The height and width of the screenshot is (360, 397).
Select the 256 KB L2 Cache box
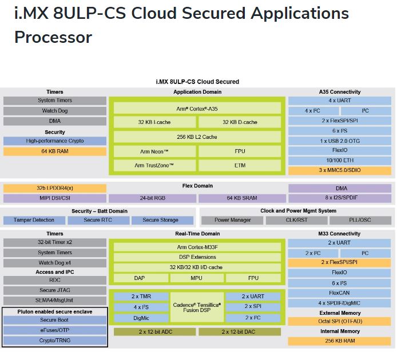197,137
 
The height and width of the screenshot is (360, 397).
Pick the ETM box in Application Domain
240,165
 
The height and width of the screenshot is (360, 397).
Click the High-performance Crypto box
55,141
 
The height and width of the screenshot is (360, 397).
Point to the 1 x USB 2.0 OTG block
340,141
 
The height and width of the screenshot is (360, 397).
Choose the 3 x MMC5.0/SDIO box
340,171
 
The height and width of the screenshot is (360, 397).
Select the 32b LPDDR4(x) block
55,188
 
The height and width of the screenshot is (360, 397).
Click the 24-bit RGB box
153,198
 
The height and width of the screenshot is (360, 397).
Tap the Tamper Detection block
34,220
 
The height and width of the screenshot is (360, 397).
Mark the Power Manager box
233,220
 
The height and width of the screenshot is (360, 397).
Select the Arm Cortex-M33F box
197,247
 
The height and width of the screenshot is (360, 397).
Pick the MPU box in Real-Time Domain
197,278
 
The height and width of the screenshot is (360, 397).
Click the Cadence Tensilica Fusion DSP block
197,307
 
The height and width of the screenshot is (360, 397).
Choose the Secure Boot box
55,320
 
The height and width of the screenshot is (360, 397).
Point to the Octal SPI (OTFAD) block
340,321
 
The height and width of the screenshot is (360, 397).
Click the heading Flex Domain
197,186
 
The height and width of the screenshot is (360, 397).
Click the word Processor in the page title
53,37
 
